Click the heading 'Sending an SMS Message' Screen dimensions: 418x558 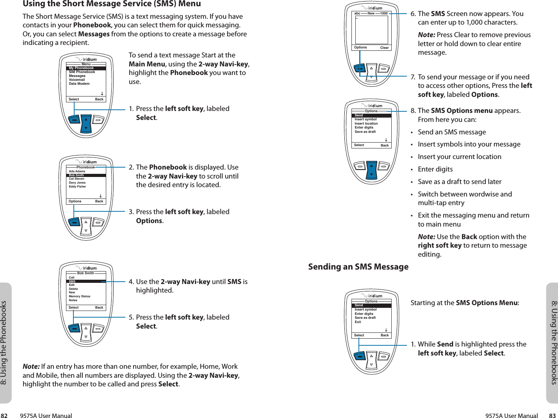point(358,267)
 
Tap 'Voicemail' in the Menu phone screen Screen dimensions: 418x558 point(77,80)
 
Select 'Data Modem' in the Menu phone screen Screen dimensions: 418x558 point(79,84)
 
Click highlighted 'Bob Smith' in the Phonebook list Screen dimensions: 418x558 point(77,175)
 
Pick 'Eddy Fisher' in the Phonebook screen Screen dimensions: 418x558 point(77,187)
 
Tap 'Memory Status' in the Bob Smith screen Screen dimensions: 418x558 point(80,297)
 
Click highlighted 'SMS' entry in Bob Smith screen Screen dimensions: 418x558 point(72,281)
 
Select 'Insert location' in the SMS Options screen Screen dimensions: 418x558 point(366,123)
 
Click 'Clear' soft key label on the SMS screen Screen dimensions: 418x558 point(385,48)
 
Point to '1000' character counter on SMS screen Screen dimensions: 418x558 point(384,13)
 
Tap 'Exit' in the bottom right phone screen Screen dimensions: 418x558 point(358,322)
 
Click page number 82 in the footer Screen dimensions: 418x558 point(4,416)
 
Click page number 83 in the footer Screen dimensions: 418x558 point(552,416)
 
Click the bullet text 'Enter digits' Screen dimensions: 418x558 point(435,169)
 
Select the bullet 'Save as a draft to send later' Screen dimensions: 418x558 point(460,182)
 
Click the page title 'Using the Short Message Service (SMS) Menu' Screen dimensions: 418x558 point(112,4)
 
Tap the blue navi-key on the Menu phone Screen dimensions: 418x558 point(86,123)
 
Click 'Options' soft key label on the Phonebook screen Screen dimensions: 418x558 point(75,202)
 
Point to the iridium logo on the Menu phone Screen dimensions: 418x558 point(87,59)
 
